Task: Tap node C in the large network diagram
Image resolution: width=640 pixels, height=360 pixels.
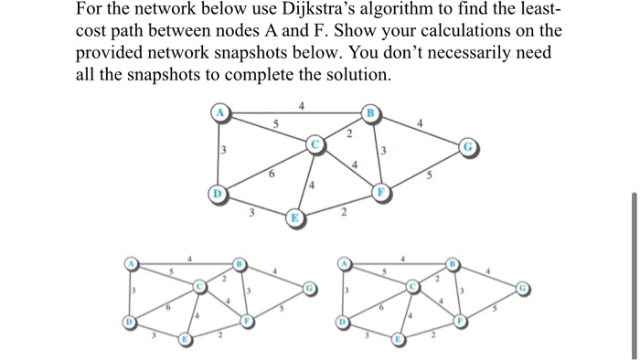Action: pyautogui.click(x=315, y=144)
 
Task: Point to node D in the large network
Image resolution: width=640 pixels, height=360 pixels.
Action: pyautogui.click(x=219, y=195)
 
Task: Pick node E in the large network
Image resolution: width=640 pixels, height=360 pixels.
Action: pyautogui.click(x=294, y=217)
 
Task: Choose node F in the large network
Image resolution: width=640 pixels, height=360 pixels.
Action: pyautogui.click(x=383, y=193)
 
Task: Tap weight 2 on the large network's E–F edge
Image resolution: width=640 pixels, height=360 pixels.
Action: pyautogui.click(x=342, y=215)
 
